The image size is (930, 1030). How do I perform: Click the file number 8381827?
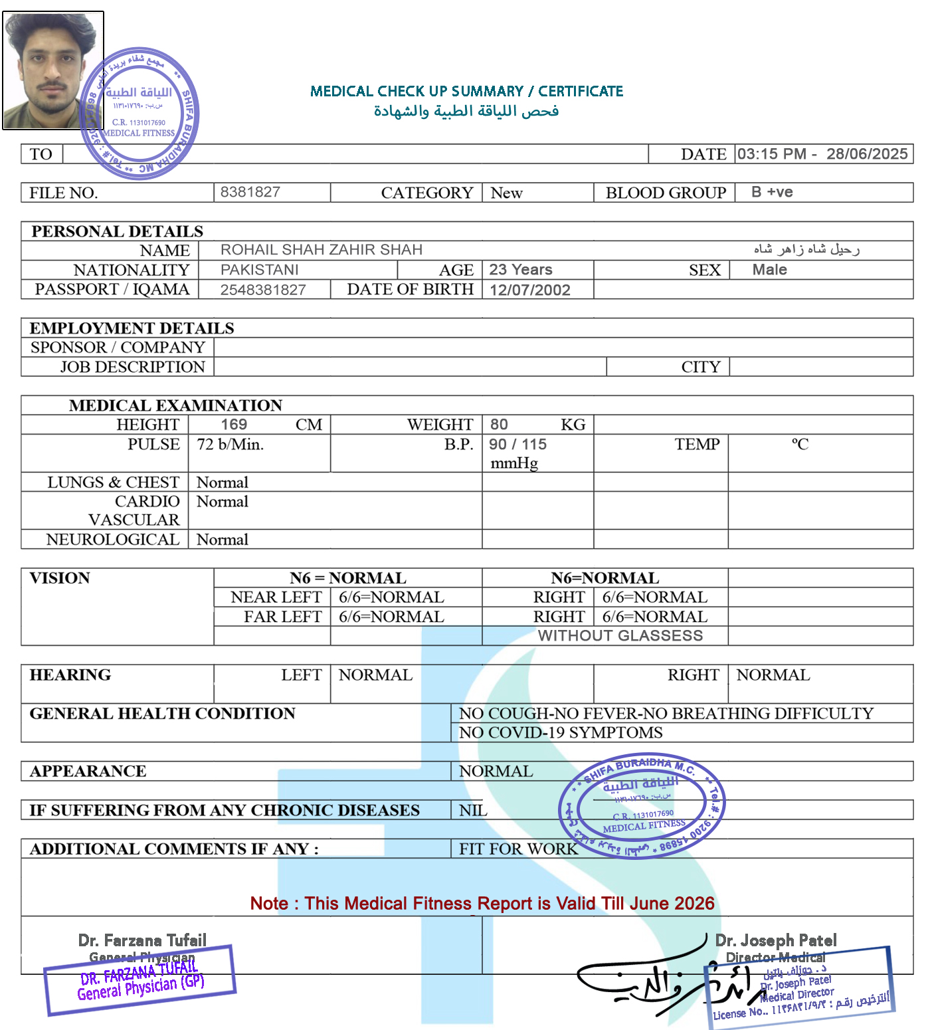[250, 192]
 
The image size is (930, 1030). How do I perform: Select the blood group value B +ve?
[772, 192]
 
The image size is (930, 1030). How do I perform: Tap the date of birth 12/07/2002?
[529, 290]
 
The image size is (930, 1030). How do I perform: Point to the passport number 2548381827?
[263, 290]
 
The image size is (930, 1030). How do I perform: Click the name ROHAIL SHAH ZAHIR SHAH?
[322, 250]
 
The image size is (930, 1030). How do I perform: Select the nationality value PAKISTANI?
[259, 270]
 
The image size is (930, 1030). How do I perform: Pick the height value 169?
[234, 425]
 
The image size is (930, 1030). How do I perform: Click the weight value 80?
[499, 425]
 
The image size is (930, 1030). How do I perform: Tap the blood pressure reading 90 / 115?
[517, 444]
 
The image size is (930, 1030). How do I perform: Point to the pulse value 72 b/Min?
[230, 444]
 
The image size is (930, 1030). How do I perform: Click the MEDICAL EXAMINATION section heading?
[175, 405]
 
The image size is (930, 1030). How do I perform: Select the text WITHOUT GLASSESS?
[620, 635]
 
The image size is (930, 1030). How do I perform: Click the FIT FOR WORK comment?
[518, 849]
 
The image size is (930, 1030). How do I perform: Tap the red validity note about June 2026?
[482, 903]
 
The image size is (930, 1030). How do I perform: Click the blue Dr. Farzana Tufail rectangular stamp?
[140, 980]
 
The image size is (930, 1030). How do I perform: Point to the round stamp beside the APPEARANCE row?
[642, 805]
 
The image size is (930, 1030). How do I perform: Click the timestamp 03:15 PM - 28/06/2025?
[822, 154]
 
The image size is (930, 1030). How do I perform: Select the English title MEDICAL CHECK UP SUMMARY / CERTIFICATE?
[466, 91]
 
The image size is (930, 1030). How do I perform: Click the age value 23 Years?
[521, 270]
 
